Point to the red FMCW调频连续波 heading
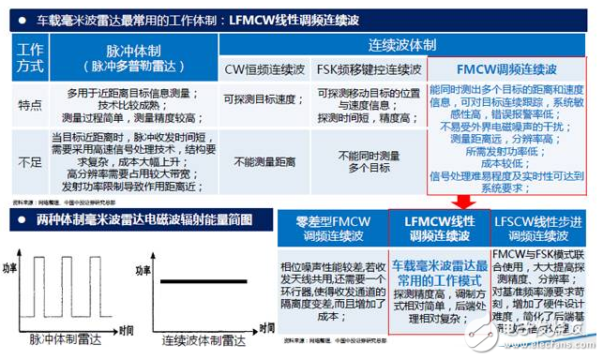pos(510,68)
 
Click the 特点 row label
pos(30,108)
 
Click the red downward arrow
pos(461,202)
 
